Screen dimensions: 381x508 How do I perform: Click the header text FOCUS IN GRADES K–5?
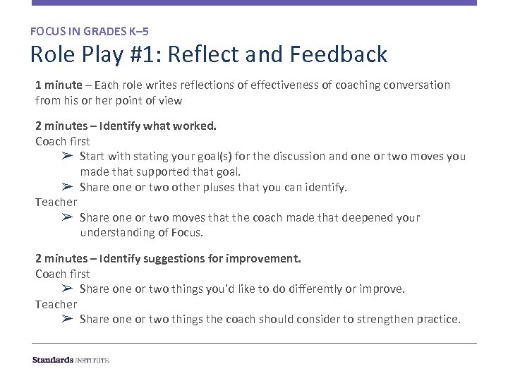click(89, 31)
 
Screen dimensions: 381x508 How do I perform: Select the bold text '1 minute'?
click(59, 85)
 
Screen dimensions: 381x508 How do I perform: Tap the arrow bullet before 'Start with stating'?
click(67, 156)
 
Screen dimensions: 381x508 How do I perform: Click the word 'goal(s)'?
click(225, 156)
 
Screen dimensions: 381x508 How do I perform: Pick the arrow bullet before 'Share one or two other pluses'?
click(67, 187)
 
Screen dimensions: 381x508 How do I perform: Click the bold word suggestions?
click(175, 259)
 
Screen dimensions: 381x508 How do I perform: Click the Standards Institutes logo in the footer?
click(71, 360)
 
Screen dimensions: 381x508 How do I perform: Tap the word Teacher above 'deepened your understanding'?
click(56, 202)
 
